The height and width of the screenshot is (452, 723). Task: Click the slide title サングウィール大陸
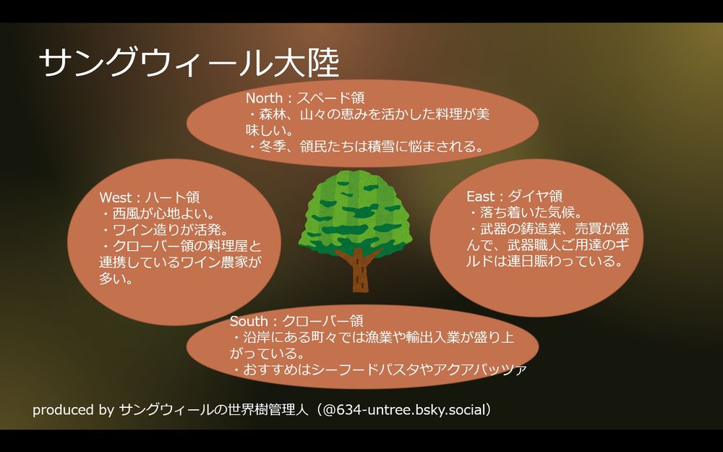point(189,63)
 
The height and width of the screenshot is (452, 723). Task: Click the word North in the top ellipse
point(264,98)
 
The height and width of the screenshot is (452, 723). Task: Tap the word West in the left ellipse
point(115,197)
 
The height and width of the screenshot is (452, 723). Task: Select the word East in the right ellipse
point(482,197)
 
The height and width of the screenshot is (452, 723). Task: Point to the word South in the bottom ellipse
point(249,321)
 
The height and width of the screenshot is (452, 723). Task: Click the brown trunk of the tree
point(359,270)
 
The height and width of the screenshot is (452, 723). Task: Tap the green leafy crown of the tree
point(355,212)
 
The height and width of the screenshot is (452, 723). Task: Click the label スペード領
point(330,98)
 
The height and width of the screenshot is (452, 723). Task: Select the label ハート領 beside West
point(173,197)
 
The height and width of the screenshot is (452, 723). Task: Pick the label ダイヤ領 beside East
point(535,197)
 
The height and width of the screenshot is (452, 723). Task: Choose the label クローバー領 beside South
point(322,321)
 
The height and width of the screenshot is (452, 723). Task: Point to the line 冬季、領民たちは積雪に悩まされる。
point(367,147)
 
